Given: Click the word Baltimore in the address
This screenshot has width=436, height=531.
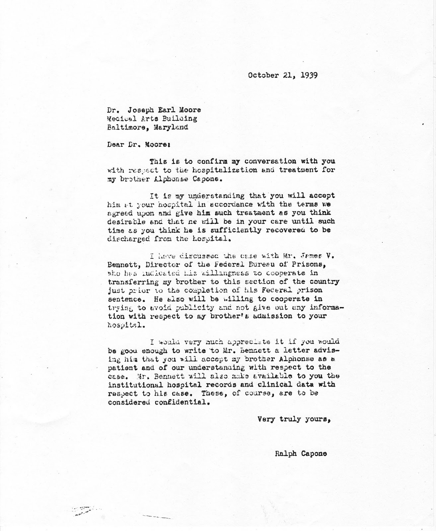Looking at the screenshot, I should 124,127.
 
